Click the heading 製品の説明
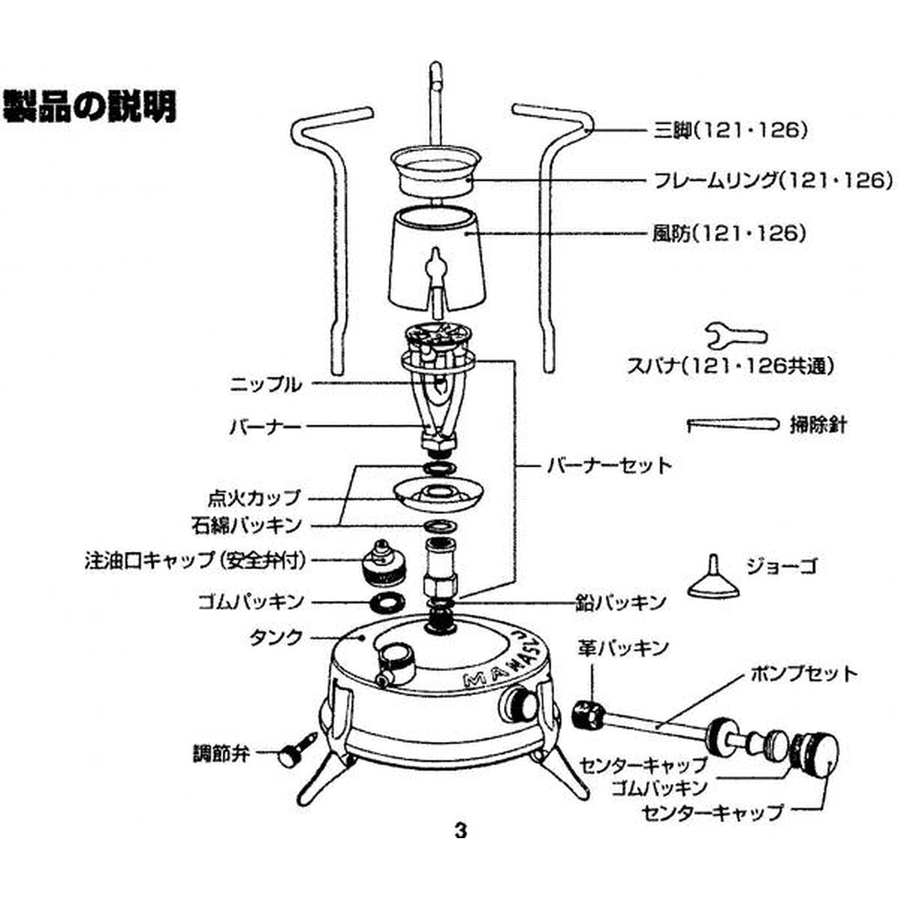(x=90, y=106)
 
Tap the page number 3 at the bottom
(x=460, y=830)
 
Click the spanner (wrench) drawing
(x=735, y=335)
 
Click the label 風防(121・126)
(x=729, y=233)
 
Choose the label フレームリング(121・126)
(x=772, y=180)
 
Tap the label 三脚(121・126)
(x=730, y=130)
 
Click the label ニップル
(x=266, y=384)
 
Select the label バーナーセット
(x=609, y=465)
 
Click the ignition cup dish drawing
(x=438, y=494)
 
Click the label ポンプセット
(x=803, y=674)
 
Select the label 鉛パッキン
(x=621, y=602)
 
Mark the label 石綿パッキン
(x=246, y=525)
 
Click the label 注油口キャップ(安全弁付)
(x=195, y=561)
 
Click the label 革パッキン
(x=623, y=648)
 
